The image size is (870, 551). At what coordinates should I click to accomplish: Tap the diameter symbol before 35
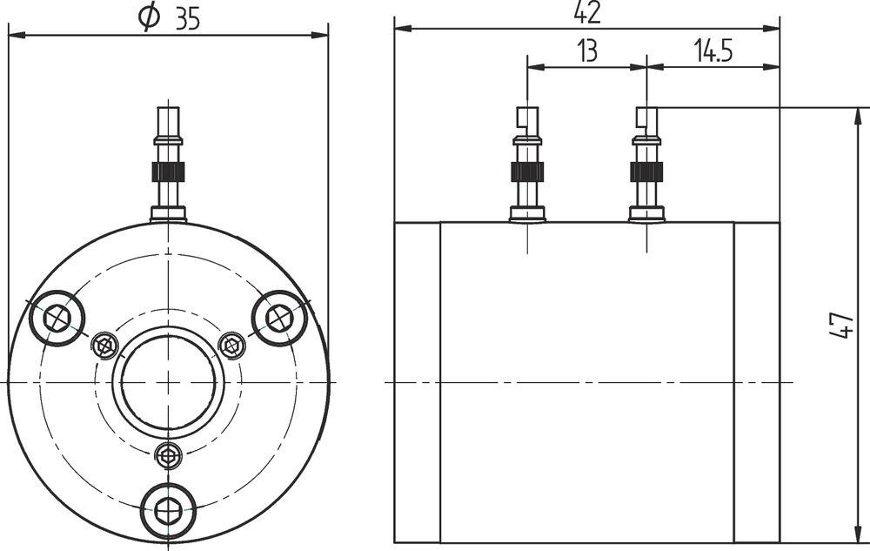click(150, 17)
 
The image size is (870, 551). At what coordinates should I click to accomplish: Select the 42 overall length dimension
click(587, 12)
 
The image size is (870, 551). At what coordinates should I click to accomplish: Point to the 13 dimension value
click(587, 51)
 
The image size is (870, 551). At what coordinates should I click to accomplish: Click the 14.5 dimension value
click(713, 51)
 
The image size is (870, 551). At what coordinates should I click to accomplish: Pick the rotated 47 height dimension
click(841, 326)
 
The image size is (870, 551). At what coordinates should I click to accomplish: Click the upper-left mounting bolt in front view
click(56, 319)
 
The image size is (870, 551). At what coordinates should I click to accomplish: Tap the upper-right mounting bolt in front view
click(279, 319)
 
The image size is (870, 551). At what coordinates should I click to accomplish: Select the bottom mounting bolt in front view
click(168, 510)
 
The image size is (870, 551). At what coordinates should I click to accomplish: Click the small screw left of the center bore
click(104, 346)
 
